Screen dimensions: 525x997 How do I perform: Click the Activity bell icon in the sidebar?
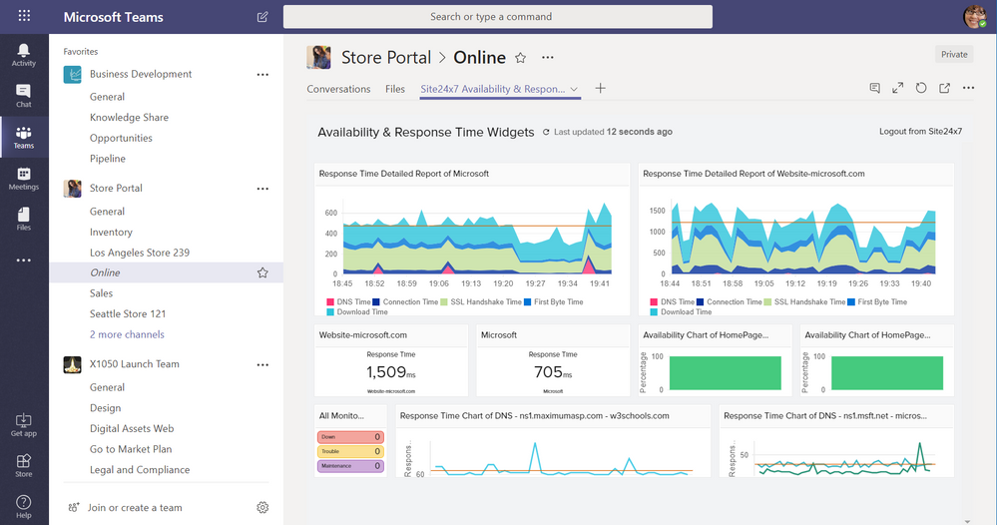(23, 50)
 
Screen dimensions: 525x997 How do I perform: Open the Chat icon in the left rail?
(23, 92)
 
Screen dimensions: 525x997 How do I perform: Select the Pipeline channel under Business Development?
(108, 159)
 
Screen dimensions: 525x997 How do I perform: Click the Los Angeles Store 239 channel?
(139, 253)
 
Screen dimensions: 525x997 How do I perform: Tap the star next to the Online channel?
(262, 272)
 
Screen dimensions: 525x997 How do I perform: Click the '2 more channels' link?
(127, 334)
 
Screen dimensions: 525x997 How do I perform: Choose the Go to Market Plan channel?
(131, 449)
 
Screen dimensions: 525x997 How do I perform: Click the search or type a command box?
(497, 17)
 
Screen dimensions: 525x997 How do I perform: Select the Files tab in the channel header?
(395, 89)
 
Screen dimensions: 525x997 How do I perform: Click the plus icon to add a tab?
(600, 89)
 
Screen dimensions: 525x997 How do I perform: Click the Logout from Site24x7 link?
(920, 132)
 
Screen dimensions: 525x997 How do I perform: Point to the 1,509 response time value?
(387, 372)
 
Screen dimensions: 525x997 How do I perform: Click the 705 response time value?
(549, 372)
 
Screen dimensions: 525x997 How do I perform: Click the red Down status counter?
(350, 437)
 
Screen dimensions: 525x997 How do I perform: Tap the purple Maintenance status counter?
(350, 466)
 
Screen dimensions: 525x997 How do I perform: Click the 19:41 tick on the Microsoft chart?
(600, 283)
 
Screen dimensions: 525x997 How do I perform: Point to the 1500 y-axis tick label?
(656, 211)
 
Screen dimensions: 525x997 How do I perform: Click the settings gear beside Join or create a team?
(262, 507)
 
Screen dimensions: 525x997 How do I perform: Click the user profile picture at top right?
(974, 17)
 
